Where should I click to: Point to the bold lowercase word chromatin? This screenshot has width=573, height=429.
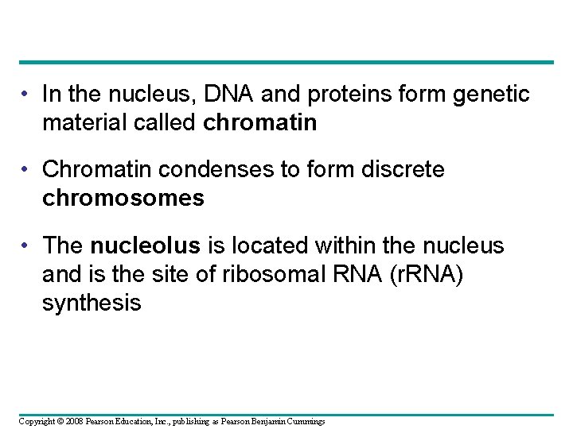(x=260, y=123)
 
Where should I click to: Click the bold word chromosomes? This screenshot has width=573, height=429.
(x=123, y=198)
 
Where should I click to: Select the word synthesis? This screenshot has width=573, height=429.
(x=92, y=302)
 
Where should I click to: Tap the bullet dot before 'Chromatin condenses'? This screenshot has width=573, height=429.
(x=26, y=170)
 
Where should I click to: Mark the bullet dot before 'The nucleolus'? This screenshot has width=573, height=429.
(x=26, y=245)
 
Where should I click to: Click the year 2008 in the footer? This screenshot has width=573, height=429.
(x=67, y=421)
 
